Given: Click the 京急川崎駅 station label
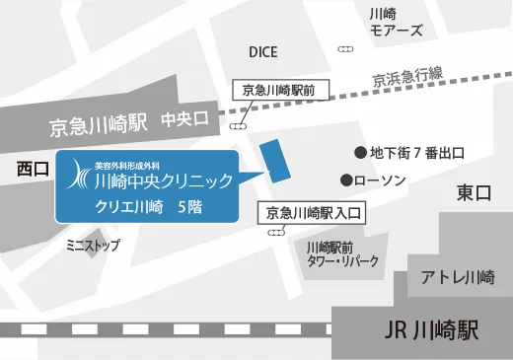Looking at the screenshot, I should pyautogui.click(x=98, y=125).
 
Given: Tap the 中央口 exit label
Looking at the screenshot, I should pyautogui.click(x=186, y=121).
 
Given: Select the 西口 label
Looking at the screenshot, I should pyautogui.click(x=33, y=170).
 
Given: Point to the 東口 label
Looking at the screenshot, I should pyautogui.click(x=474, y=193).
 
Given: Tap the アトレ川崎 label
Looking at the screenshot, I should pyautogui.click(x=458, y=278).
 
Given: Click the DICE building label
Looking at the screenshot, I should pyautogui.click(x=262, y=52).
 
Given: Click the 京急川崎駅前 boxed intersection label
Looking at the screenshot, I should pyautogui.click(x=278, y=90).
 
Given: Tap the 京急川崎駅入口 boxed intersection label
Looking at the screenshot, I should pyautogui.click(x=312, y=211).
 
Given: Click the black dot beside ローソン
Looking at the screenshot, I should pyautogui.click(x=345, y=180).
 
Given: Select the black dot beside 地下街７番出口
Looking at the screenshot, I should pyautogui.click(x=360, y=152).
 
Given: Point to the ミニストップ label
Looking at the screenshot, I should pyautogui.click(x=90, y=242).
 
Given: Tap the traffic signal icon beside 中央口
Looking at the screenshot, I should pyautogui.click(x=238, y=126).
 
